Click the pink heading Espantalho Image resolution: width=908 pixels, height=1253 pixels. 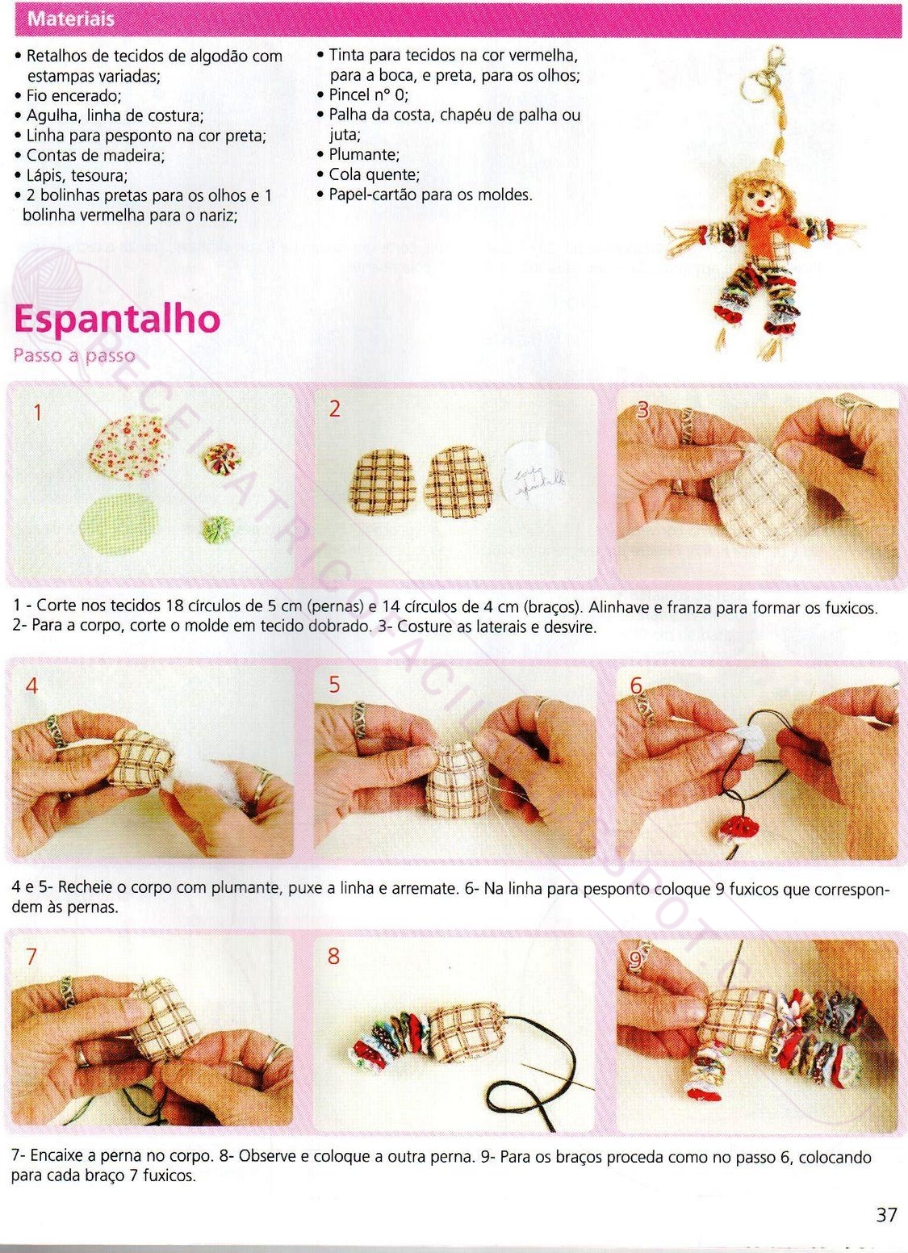(x=117, y=320)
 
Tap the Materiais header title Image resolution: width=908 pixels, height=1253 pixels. (x=71, y=19)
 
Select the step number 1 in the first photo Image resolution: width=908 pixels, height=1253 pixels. (x=37, y=413)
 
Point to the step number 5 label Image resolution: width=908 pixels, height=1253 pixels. (x=334, y=685)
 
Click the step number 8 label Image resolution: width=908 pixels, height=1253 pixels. (x=333, y=956)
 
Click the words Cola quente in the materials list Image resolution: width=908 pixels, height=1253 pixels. (x=374, y=174)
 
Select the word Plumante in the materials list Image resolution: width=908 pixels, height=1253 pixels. (x=363, y=154)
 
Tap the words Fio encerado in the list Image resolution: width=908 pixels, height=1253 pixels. (x=73, y=95)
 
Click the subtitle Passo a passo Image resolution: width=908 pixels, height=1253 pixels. (x=74, y=356)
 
